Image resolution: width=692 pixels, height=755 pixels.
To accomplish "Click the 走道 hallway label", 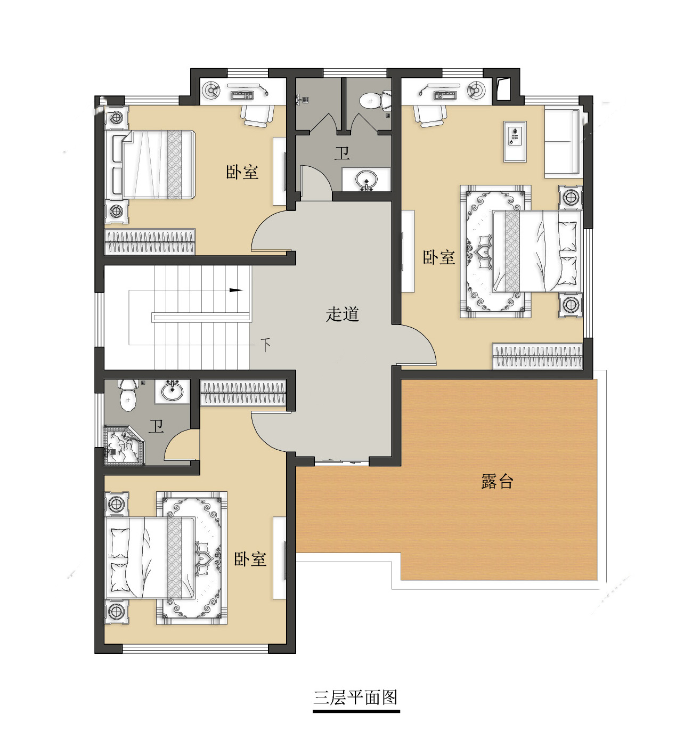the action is [342, 314].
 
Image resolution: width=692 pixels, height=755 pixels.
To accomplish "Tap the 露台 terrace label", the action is [497, 481].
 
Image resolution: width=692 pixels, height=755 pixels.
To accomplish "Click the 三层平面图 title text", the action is [356, 697].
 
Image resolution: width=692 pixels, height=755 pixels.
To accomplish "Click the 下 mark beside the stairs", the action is [266, 344].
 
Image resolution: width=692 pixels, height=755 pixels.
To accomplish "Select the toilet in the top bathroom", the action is [376, 101].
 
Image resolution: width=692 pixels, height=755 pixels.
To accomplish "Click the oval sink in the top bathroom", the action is [366, 180].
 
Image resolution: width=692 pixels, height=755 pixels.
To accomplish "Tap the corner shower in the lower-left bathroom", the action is [124, 445].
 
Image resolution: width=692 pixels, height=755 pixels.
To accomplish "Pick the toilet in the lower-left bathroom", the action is [128, 395].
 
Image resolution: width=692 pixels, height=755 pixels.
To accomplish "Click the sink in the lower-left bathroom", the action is [173, 391].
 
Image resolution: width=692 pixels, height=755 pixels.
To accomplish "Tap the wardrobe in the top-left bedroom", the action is [150, 241].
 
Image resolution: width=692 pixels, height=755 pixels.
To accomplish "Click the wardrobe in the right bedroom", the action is [538, 356].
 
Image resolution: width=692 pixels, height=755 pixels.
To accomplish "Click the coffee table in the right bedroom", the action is [515, 142].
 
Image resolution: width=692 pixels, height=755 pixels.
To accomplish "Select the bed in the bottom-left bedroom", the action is [151, 558].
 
